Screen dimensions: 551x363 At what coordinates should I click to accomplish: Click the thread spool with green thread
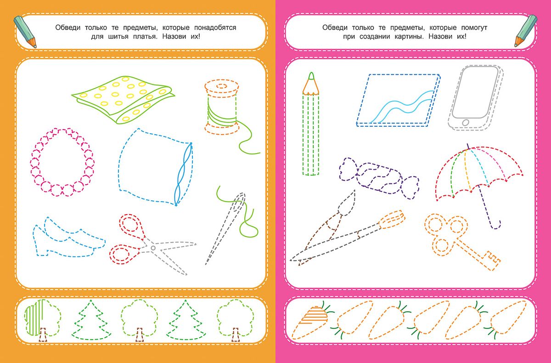[221, 107]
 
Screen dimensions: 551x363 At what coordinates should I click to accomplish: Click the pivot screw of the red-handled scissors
[153, 248]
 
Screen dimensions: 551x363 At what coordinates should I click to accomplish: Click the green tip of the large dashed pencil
[311, 76]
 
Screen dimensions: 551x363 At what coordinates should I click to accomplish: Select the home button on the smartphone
[466, 122]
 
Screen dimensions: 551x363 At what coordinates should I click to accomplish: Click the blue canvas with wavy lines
[399, 101]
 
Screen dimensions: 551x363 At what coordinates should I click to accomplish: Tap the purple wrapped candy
[379, 178]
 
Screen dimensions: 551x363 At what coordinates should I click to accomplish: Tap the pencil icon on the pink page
[526, 30]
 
